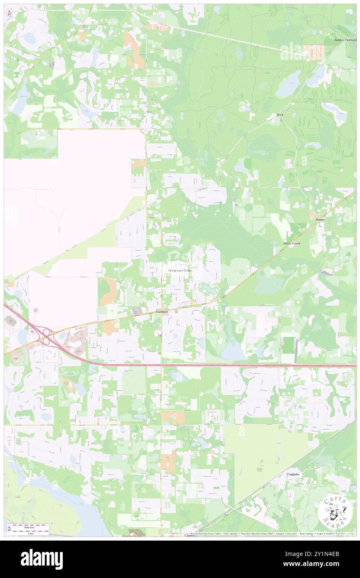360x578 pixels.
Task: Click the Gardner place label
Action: (x=162, y=311)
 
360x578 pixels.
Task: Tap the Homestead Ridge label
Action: (x=180, y=270)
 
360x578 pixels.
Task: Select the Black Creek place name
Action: (x=291, y=243)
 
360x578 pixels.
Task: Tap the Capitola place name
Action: (x=293, y=474)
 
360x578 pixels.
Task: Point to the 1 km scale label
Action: (x=30, y=534)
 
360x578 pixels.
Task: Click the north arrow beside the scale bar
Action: (x=9, y=530)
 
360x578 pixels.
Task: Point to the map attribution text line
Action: (x=270, y=534)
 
